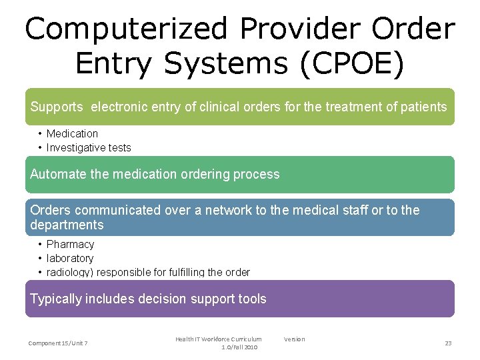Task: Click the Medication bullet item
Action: [x=72, y=133]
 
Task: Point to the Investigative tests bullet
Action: [x=89, y=147]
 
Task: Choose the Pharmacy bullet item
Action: [x=70, y=244]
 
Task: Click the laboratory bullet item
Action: [x=70, y=258]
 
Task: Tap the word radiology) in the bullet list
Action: [x=71, y=272]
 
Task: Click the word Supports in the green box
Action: [x=57, y=107]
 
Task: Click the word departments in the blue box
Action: [x=67, y=225]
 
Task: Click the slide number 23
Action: [x=448, y=343]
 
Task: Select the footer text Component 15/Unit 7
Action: [x=58, y=343]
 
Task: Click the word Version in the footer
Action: [x=294, y=339]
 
